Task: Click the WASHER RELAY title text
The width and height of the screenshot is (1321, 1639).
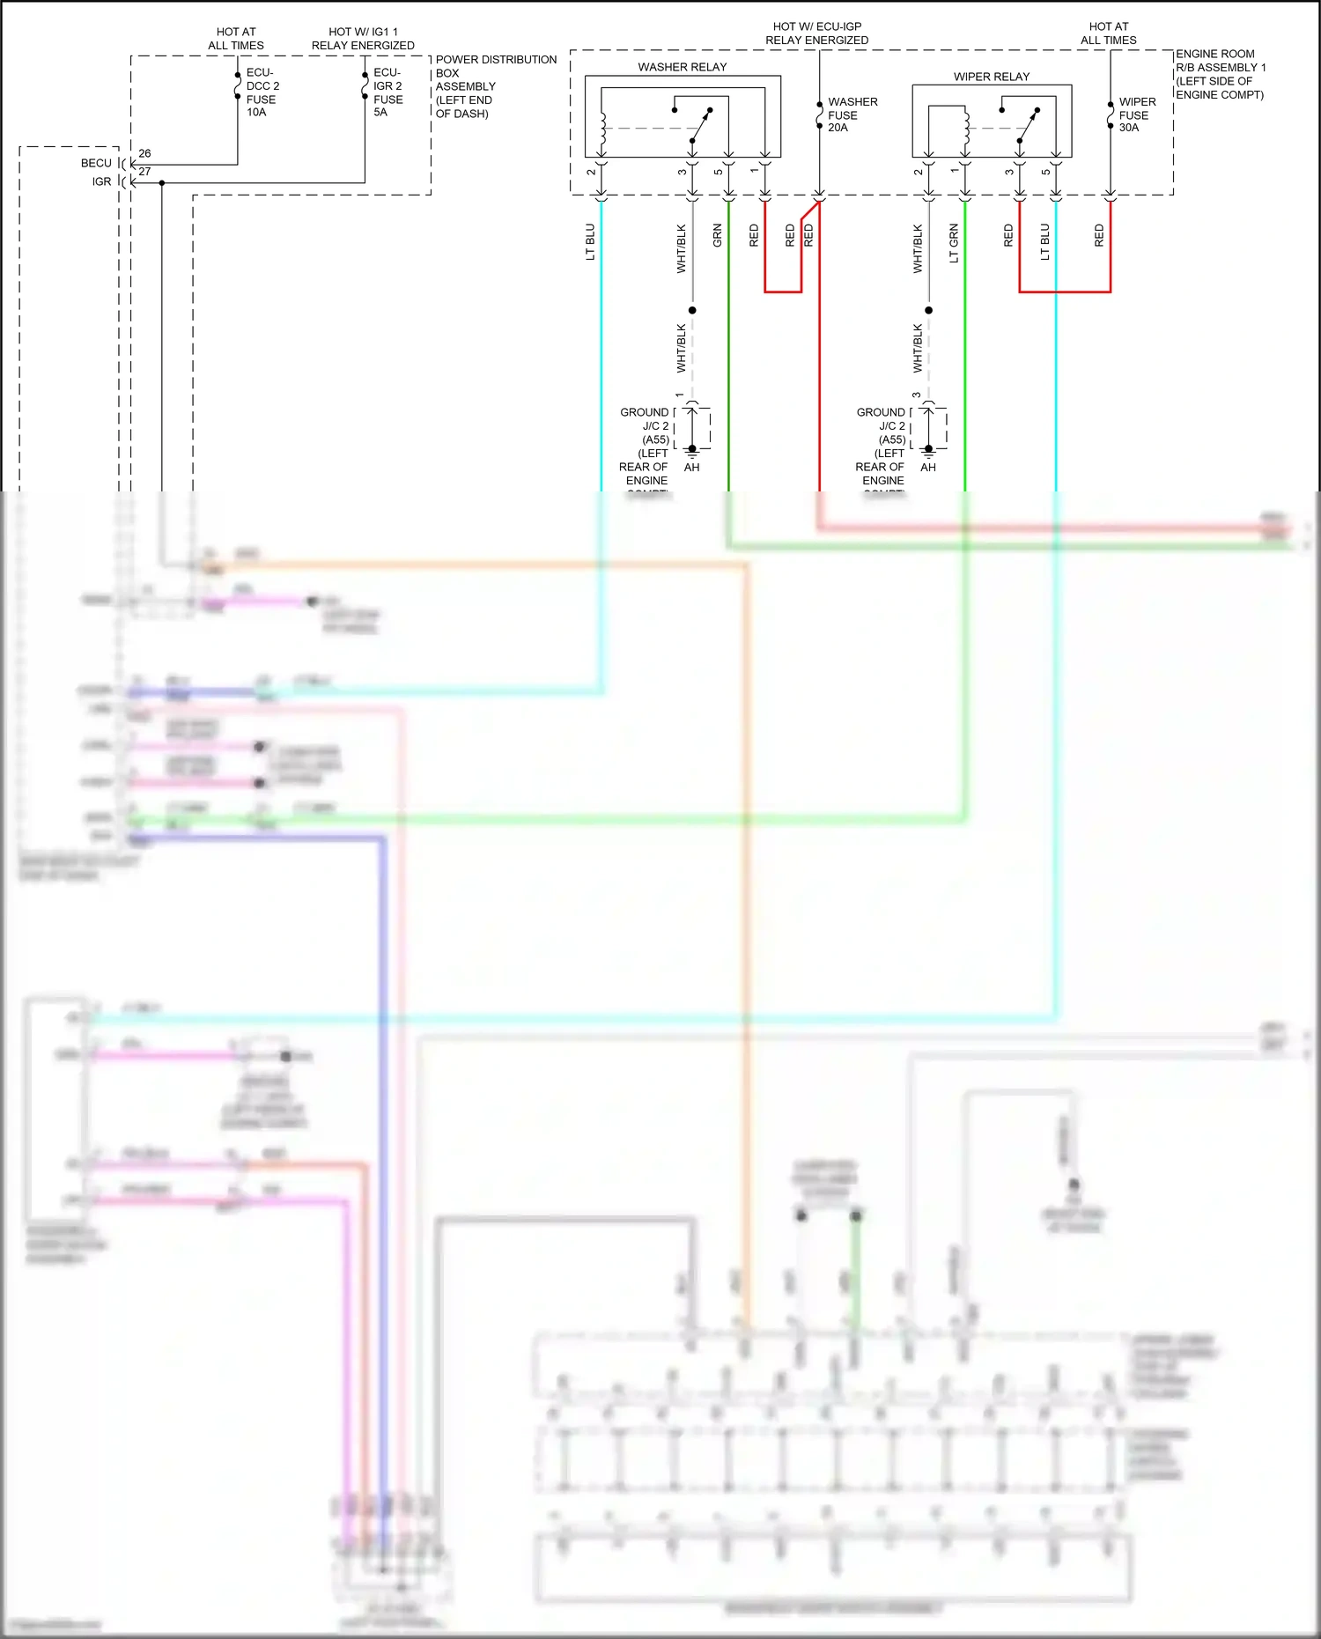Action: tap(682, 67)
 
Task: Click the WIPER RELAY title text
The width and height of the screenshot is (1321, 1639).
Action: tap(991, 77)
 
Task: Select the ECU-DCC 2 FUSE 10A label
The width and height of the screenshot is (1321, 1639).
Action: tap(262, 92)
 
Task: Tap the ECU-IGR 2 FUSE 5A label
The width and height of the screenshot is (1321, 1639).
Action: tap(387, 92)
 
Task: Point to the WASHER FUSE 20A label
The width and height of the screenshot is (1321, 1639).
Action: tap(852, 114)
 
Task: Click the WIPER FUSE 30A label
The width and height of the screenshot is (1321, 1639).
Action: tap(1137, 114)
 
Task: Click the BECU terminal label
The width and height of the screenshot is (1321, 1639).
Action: tap(96, 163)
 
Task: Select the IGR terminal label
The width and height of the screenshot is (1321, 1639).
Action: tap(102, 181)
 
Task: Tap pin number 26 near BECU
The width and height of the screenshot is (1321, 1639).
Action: tap(144, 153)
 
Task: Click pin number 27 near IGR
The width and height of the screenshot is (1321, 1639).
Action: tap(144, 172)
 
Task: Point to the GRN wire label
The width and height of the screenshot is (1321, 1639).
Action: tap(718, 235)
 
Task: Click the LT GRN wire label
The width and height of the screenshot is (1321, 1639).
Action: tap(954, 243)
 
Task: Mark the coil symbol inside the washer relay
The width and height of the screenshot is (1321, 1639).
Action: tap(603, 130)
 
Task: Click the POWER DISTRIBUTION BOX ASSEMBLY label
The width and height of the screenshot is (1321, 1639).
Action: tap(495, 86)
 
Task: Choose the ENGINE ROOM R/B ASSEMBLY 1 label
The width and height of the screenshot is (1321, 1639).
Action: tap(1220, 74)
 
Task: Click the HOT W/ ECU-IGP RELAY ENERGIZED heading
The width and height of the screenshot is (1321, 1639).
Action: tap(816, 33)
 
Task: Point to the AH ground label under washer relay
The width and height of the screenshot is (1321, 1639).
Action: tap(691, 468)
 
